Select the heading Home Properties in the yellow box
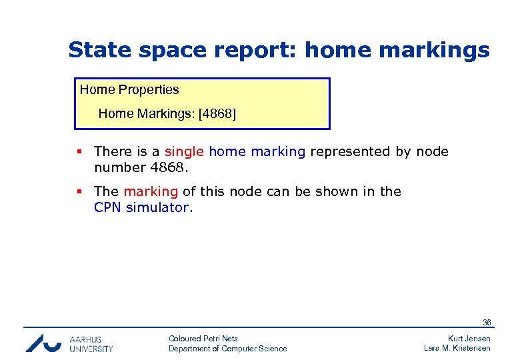click(129, 89)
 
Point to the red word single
click(185, 151)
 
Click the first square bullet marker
click(80, 152)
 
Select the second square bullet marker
click(80, 192)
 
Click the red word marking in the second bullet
click(151, 191)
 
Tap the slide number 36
click(487, 323)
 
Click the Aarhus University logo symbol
click(44, 343)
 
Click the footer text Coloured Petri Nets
click(203, 339)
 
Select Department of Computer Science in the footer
click(227, 349)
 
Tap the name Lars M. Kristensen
click(457, 349)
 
